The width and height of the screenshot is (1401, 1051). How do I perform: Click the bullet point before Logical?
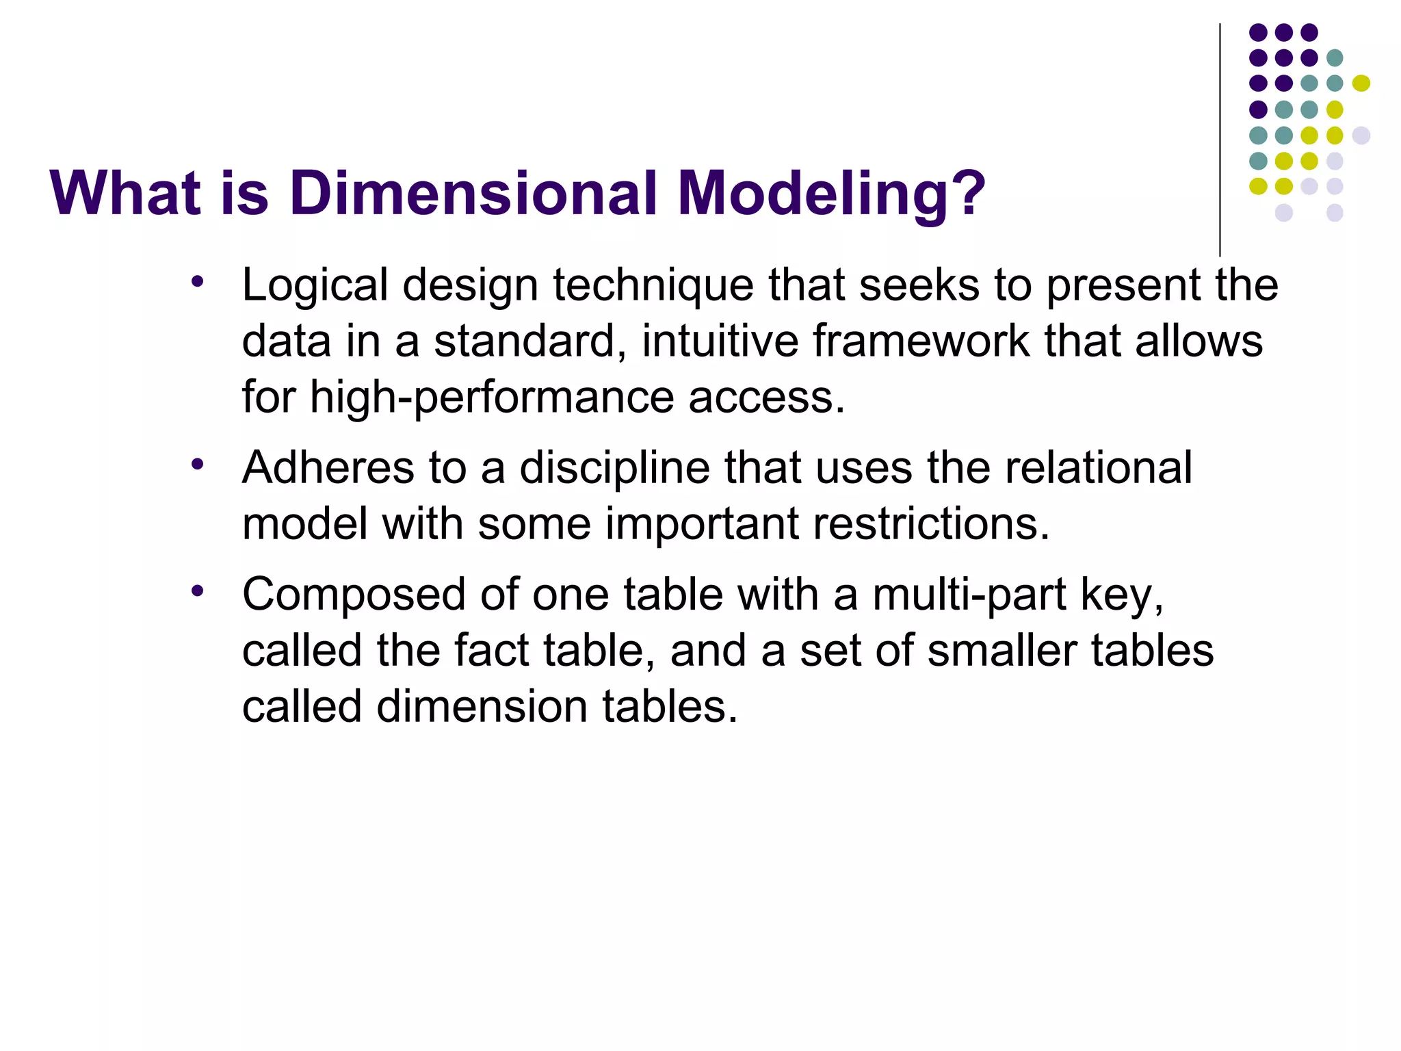point(198,281)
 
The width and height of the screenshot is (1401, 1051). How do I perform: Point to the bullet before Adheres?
point(198,465)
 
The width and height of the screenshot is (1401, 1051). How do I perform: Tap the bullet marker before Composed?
point(198,591)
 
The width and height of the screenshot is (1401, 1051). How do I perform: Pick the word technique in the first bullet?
point(653,286)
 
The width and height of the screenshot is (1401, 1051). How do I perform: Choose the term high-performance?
point(492,398)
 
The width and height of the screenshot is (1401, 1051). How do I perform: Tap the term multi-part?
point(969,595)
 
